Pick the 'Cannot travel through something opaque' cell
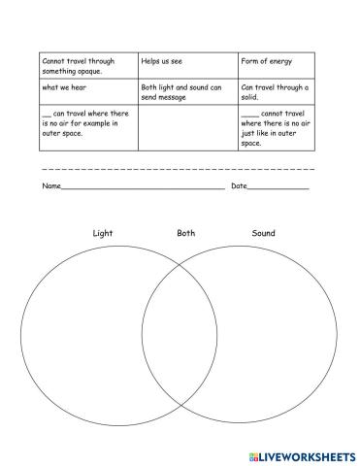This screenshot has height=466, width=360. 88,65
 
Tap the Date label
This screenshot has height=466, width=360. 239,185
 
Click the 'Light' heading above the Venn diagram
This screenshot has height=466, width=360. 102,234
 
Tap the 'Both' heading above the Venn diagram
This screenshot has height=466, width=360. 185,234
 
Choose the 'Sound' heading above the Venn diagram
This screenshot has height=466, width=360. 263,234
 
